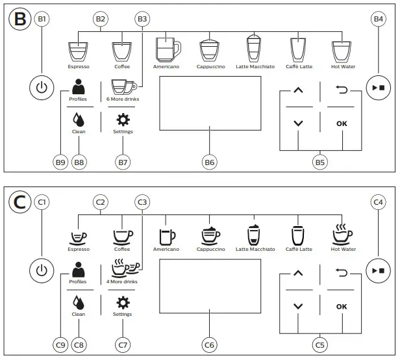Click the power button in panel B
coord(42,88)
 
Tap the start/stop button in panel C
coord(378,269)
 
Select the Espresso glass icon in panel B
coord(79,52)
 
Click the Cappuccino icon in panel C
coord(210,235)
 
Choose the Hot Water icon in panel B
coord(342,51)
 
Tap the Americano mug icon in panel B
coord(168,49)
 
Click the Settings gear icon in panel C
coord(122,302)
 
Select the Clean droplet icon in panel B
coord(79,120)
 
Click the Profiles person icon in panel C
coord(79,269)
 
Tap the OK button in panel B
coord(342,123)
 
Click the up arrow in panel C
coord(298,273)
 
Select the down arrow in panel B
coord(298,123)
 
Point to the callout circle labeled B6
coord(209,162)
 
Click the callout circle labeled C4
coord(379,202)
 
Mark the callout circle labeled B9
coord(61,162)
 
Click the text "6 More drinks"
coord(123,99)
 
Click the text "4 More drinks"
coord(123,281)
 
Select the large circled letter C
coord(20,201)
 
